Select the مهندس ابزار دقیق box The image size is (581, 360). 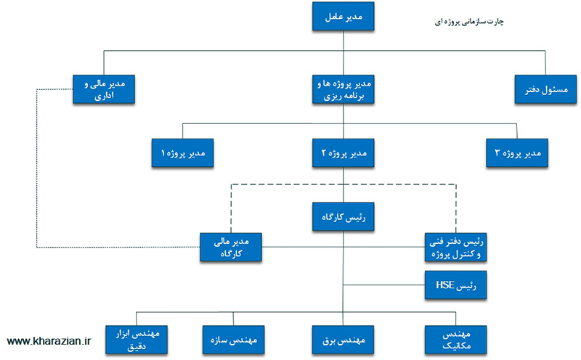click(137, 337)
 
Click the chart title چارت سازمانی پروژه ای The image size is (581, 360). click(469, 22)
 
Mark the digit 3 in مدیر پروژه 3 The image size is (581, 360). click(497, 153)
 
